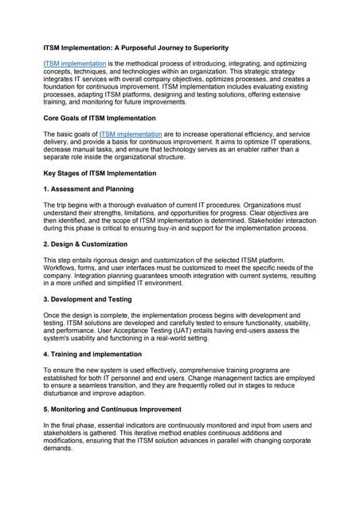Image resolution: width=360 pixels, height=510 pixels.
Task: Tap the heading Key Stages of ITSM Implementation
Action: [100, 173]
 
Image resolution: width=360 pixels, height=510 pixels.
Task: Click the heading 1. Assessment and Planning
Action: [88, 189]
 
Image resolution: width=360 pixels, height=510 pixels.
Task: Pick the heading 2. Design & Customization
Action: [88, 244]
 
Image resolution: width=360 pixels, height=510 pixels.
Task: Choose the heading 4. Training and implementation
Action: [93, 353]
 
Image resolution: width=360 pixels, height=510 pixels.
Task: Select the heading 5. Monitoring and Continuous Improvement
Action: [117, 408]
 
